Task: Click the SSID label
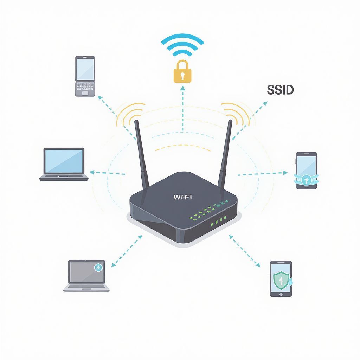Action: (x=280, y=90)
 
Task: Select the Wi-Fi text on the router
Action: (x=182, y=197)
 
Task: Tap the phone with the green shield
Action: (x=281, y=278)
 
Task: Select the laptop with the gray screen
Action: (x=86, y=276)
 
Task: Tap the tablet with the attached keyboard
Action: (x=85, y=76)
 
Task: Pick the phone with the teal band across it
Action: (x=306, y=171)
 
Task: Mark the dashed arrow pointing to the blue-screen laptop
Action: (x=108, y=173)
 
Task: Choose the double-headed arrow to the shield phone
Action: (x=245, y=251)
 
